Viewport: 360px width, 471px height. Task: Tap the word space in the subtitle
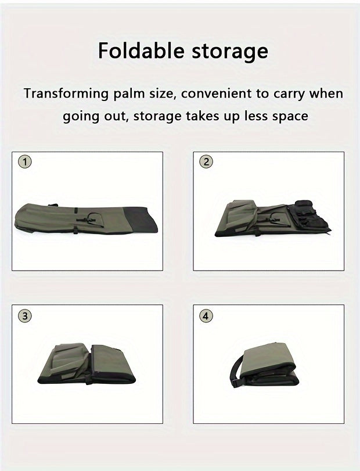coord(288,116)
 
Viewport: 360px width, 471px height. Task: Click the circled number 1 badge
coord(24,162)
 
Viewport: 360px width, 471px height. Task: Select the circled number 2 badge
coord(206,162)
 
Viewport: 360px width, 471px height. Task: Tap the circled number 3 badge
coord(24,317)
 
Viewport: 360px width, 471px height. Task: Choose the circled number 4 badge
coord(206,317)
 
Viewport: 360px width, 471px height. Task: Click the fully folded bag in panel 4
coord(273,366)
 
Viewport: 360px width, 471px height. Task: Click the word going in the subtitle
coord(81,116)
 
